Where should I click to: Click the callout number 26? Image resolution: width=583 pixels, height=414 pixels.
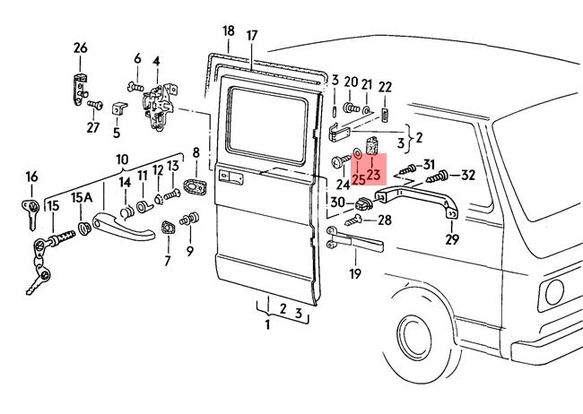click(81, 47)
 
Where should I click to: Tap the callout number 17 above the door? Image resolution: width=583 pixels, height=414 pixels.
click(252, 36)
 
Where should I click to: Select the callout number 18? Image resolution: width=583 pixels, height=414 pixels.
click(228, 30)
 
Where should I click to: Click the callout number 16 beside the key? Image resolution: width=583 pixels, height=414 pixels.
click(31, 177)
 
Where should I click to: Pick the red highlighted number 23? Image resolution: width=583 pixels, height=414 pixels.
click(374, 175)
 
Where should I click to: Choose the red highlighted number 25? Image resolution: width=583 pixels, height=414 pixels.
click(358, 179)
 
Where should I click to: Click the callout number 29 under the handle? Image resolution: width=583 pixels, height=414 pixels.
click(452, 239)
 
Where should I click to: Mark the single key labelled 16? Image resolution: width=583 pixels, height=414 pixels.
click(30, 211)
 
